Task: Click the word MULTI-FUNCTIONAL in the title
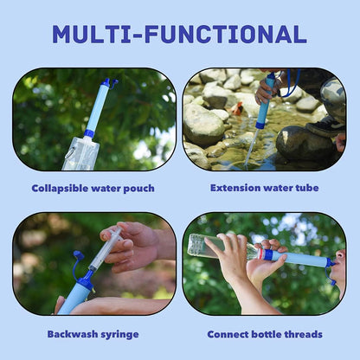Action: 179,34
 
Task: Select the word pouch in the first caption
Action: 138,187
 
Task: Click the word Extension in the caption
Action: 234,187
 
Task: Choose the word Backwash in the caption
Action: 71,333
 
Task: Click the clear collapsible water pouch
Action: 80,154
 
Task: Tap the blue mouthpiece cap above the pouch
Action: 107,83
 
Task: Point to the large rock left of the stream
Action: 206,125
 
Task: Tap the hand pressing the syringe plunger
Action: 130,241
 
